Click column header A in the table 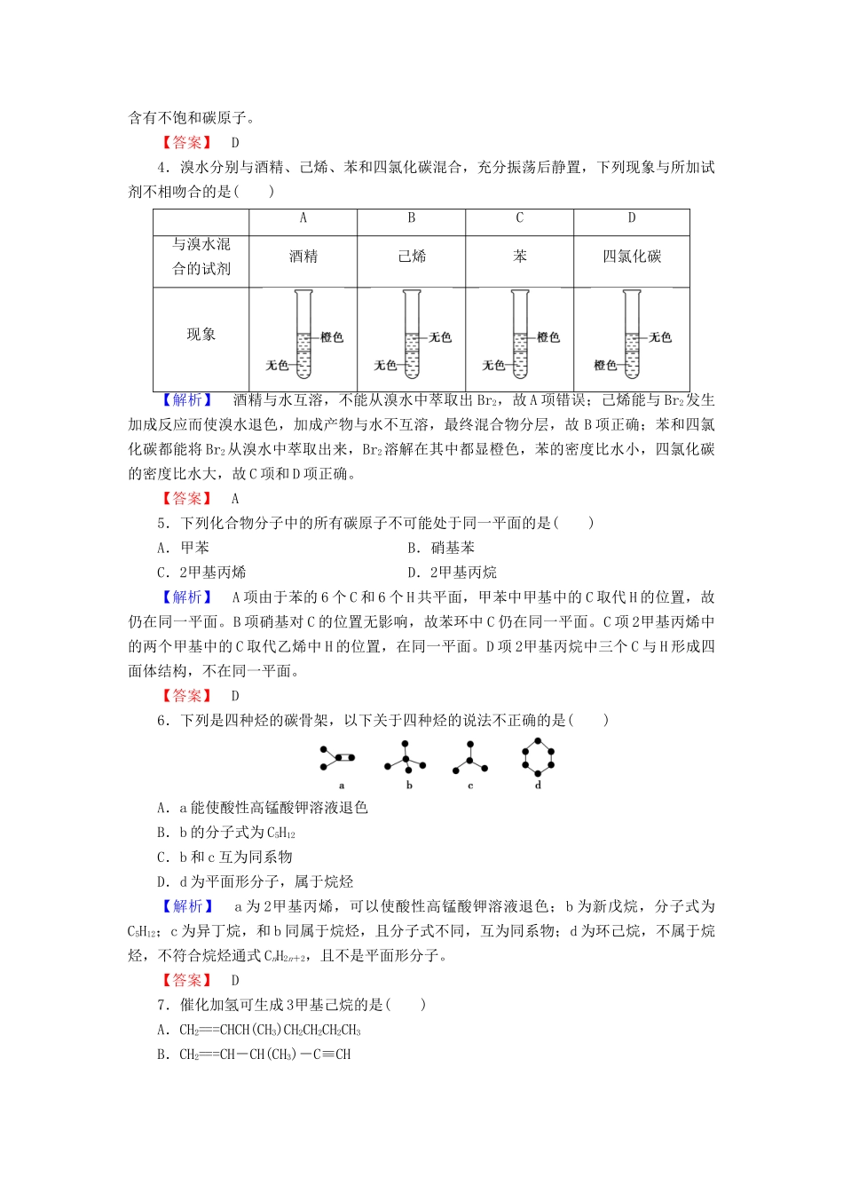[303, 218]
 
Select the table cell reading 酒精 [303, 257]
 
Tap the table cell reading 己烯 [412, 257]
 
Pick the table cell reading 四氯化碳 [632, 257]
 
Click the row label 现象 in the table [201, 335]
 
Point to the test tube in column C [520, 336]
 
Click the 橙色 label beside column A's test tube [332, 337]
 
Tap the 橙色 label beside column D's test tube [605, 365]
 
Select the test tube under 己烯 [412, 336]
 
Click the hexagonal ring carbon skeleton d [538, 757]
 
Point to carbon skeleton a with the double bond [338, 758]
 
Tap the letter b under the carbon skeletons [409, 786]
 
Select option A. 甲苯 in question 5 [184, 548]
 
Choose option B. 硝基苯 [441, 548]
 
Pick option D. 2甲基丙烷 [452, 573]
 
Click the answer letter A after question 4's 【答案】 [235, 499]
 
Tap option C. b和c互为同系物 [225, 857]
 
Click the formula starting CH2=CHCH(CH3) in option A [270, 1031]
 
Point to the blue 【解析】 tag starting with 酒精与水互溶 [187, 400]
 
